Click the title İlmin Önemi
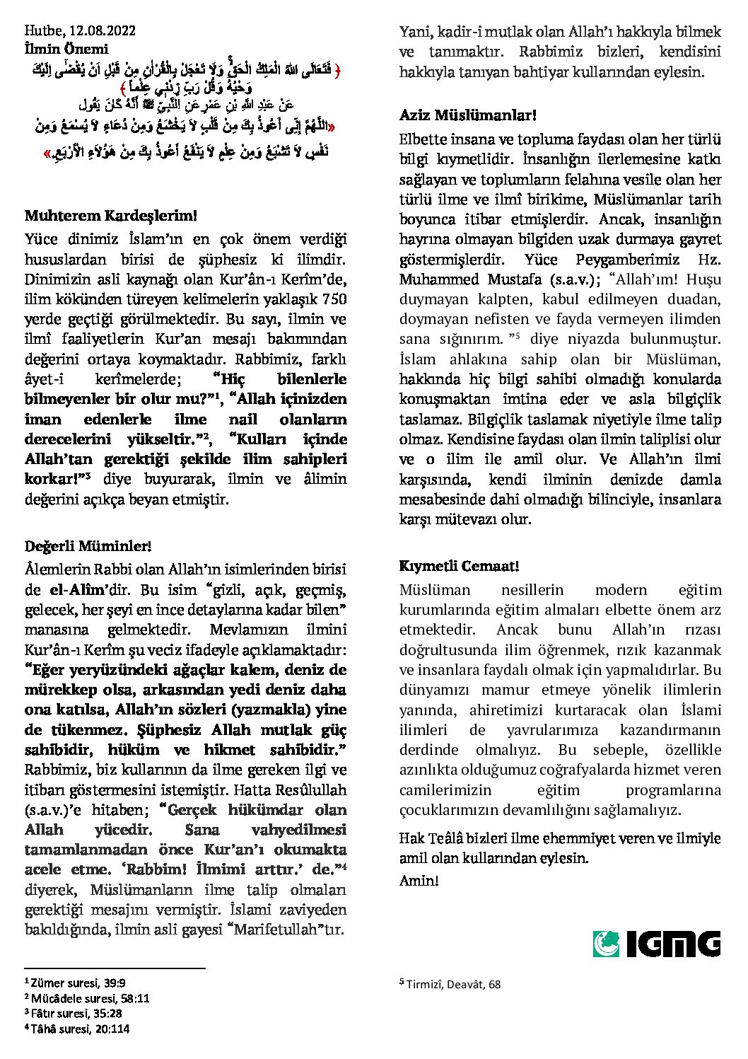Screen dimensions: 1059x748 click(x=66, y=49)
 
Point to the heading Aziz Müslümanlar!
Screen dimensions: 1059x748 click(x=467, y=114)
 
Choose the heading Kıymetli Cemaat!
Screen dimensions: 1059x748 click(x=460, y=566)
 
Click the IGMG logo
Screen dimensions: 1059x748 click(x=656, y=944)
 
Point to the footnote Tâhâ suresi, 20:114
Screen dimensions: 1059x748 click(x=80, y=1029)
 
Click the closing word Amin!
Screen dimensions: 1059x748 click(x=419, y=881)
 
